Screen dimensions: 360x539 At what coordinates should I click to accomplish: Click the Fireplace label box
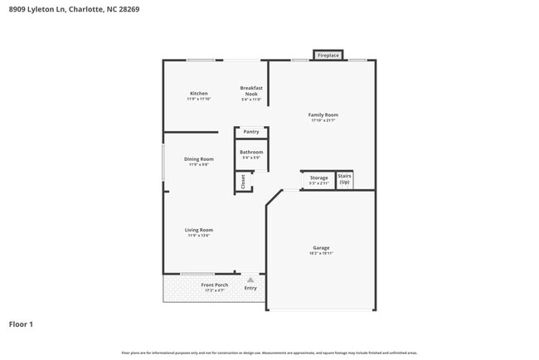(328, 56)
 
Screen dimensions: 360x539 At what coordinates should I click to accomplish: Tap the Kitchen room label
(199, 94)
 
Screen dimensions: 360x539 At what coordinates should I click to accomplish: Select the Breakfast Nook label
(251, 90)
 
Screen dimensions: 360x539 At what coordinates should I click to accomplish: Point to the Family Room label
(323, 115)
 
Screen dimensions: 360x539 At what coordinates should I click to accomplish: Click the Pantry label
(251, 132)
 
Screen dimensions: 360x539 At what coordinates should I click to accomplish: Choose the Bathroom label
(251, 153)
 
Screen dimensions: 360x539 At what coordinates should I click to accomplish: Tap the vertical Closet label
(243, 182)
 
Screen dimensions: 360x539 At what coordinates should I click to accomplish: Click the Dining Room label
(199, 159)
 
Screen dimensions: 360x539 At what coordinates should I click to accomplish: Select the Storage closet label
(319, 178)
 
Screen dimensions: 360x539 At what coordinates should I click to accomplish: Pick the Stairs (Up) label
(345, 178)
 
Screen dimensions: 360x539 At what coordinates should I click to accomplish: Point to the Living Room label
(199, 230)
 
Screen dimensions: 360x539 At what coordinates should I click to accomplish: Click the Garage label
(322, 248)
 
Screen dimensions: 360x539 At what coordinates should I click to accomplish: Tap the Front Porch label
(215, 285)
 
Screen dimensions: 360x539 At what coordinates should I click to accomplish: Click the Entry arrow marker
(250, 280)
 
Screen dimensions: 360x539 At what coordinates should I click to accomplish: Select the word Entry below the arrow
(250, 289)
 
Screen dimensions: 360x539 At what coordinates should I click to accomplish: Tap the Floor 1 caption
(22, 324)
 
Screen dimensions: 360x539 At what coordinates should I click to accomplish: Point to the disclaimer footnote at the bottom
(269, 353)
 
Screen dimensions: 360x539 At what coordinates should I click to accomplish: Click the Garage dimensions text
(322, 254)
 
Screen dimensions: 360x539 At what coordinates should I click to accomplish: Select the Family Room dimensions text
(323, 121)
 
